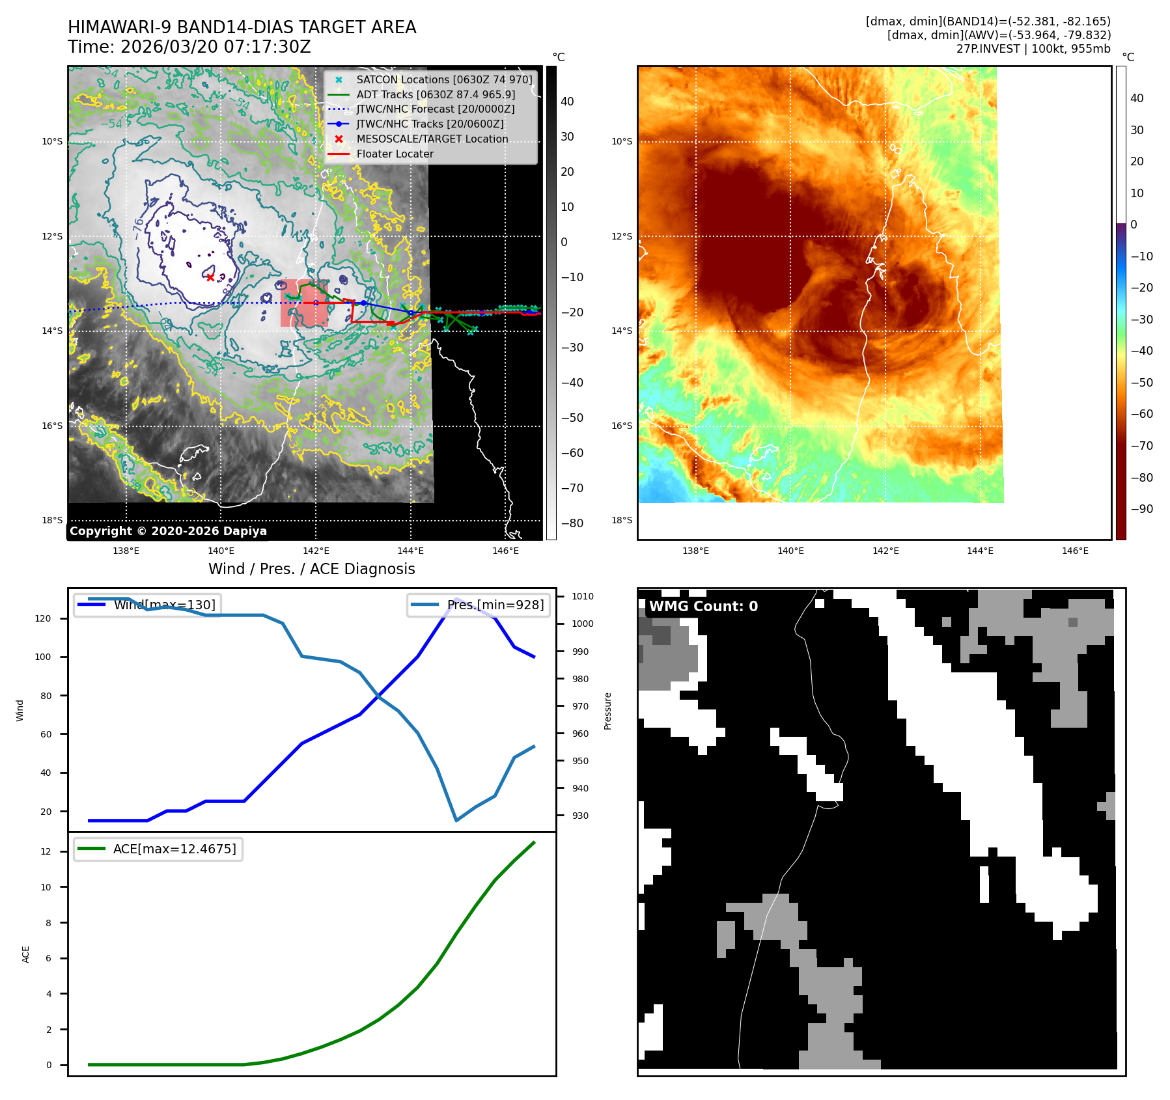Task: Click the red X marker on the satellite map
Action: click(210, 277)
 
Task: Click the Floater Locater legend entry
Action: click(395, 154)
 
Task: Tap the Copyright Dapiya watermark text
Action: click(168, 531)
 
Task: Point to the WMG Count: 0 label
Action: click(703, 607)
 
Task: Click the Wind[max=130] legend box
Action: click(147, 605)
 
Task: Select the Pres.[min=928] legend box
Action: click(479, 605)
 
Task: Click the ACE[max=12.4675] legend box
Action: click(158, 849)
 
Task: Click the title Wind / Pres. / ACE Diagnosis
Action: click(311, 569)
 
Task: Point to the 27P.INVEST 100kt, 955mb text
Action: click(1033, 49)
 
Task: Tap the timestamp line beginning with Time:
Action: click(189, 47)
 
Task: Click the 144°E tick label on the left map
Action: click(410, 551)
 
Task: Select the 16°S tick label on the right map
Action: click(621, 426)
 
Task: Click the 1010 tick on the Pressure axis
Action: click(583, 596)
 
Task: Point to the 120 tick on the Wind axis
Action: click(43, 618)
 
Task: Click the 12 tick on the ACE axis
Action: click(46, 851)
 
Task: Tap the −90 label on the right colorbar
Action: click(1141, 509)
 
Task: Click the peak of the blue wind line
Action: click(456, 599)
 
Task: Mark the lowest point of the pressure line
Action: click(456, 820)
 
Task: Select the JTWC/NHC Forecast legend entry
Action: click(435, 109)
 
